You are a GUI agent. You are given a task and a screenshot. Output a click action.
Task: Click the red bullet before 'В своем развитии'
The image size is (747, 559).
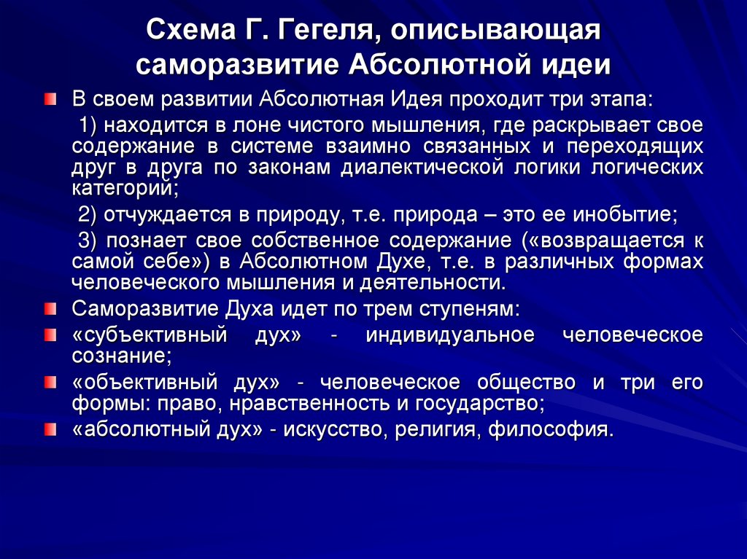(x=49, y=99)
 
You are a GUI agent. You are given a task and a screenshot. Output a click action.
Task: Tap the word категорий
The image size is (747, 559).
(x=124, y=187)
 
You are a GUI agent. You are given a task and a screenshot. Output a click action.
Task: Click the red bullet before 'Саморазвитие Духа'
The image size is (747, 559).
(x=49, y=309)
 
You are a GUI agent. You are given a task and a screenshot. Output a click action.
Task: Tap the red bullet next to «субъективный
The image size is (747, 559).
(x=49, y=336)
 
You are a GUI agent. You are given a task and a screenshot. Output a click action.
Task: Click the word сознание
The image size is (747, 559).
(x=121, y=356)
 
